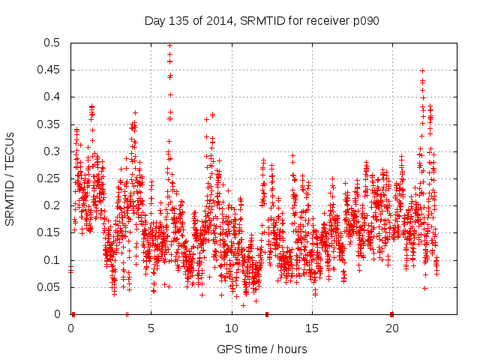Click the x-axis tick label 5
(151, 328)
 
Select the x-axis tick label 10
(231, 328)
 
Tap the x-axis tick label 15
(311, 328)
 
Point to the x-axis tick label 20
(391, 328)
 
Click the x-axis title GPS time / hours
(262, 349)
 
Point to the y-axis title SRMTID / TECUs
(10, 178)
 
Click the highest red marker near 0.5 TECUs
(169, 45)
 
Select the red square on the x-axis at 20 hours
(391, 313)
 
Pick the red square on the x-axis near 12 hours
(267, 313)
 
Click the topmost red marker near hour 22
(422, 70)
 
